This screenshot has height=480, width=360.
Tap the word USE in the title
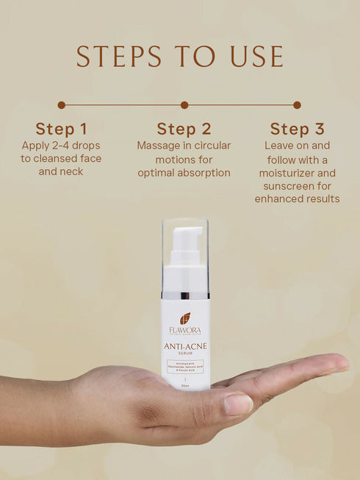[256, 56]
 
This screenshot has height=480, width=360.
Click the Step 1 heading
[61, 129]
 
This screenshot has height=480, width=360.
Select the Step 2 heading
[184, 129]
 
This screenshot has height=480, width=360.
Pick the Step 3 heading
[297, 129]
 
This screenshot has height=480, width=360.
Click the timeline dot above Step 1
[61, 105]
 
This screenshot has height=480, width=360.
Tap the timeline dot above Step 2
[184, 105]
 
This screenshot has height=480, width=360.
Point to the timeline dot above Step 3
[297, 105]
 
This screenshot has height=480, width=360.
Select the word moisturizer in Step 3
[297, 172]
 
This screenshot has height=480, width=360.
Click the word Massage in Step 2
[157, 146]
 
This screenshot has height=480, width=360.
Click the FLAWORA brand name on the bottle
[185, 331]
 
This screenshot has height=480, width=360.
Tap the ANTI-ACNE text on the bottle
[185, 347]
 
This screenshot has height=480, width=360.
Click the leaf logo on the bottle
[185, 318]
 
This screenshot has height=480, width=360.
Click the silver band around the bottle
[185, 295]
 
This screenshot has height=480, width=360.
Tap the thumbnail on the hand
[237, 404]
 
